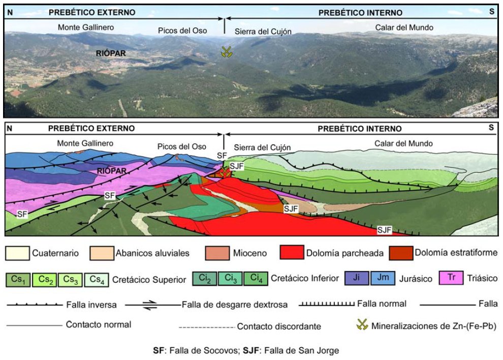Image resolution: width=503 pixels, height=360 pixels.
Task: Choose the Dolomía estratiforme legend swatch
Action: (400, 253)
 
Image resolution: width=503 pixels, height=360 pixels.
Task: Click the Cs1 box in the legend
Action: (18, 279)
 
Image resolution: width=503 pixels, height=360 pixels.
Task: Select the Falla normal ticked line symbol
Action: (327, 305)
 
